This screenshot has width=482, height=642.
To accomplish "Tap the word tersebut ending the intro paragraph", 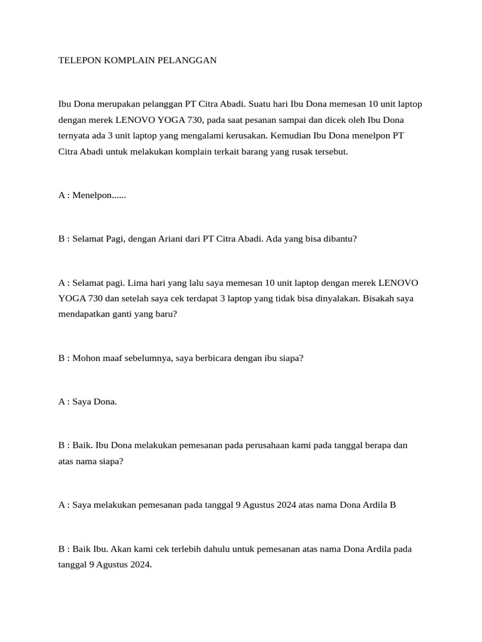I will pyautogui.click(x=329, y=152).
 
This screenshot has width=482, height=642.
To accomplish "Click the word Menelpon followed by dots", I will pyautogui.click(x=99, y=195).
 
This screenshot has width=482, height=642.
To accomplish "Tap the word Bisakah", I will pyautogui.click(x=379, y=299).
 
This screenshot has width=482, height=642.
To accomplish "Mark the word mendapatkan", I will pyautogui.click(x=83, y=315).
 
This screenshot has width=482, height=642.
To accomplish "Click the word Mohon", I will pyautogui.click(x=85, y=358).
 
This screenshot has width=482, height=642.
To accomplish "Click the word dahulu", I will pyautogui.click(x=227, y=549).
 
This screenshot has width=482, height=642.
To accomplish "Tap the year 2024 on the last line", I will pyautogui.click(x=139, y=564).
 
